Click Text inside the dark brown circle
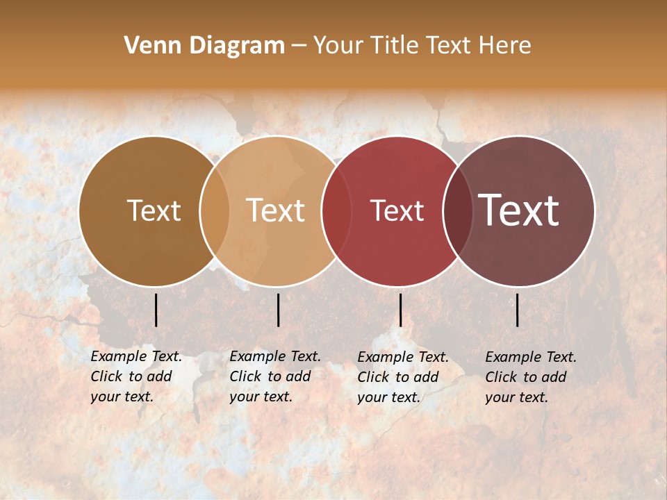(x=154, y=210)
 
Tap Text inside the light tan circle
(x=276, y=210)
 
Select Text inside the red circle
(x=397, y=210)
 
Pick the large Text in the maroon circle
(x=519, y=210)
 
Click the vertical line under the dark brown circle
(x=156, y=310)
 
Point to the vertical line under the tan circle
(x=278, y=310)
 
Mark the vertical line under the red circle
(x=400, y=310)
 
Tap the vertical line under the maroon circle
(x=518, y=310)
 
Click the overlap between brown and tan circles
(x=215, y=210)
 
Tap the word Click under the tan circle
(x=245, y=376)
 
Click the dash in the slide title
(x=299, y=46)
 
